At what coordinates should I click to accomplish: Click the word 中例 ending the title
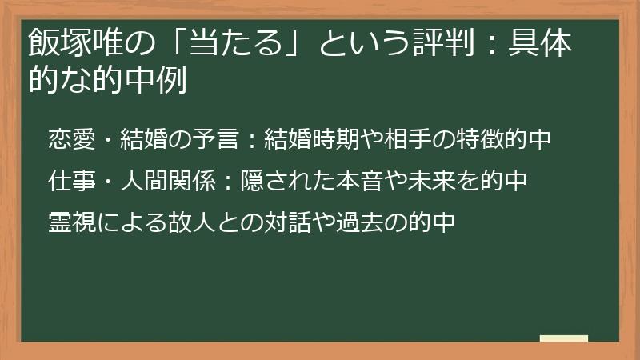(x=160, y=80)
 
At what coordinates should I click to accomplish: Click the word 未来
(x=427, y=181)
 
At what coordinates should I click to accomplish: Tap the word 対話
(x=275, y=222)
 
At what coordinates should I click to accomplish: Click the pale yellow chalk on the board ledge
(x=563, y=338)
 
